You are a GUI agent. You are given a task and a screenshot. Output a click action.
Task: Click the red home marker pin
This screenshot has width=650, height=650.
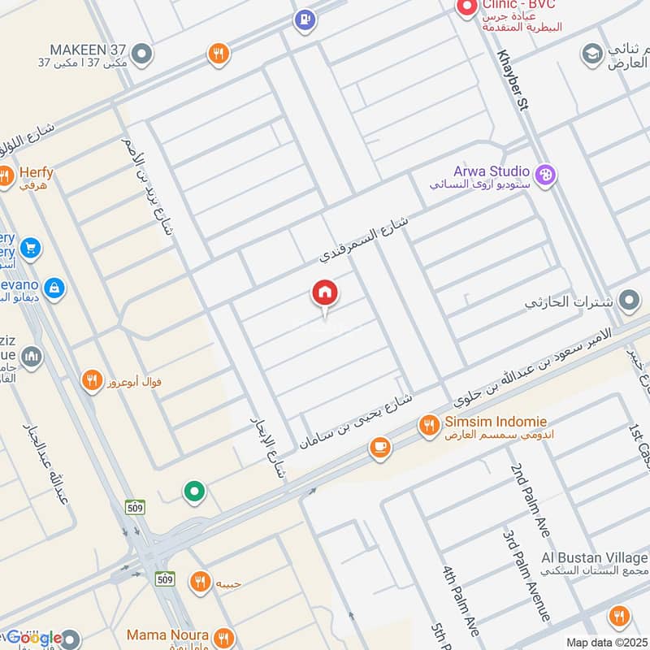pos(325,294)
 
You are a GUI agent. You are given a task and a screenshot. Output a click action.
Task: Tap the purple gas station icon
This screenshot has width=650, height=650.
pos(305,19)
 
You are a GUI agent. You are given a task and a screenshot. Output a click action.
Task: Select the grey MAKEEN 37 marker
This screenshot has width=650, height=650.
pos(143,54)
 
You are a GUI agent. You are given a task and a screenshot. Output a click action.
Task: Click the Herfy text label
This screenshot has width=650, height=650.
pos(37,172)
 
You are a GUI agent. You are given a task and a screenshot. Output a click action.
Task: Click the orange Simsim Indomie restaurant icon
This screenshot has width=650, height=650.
pos(429,424)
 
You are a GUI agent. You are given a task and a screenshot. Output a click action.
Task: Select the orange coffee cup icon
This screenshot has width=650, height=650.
pos(379,447)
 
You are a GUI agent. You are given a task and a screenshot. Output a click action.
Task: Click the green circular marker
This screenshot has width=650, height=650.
pos(193,491)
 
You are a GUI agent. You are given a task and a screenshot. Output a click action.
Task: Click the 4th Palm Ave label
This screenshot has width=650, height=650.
pos(461,600)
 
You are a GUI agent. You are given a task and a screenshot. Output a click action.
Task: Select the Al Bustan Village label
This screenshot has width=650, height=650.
pos(595,558)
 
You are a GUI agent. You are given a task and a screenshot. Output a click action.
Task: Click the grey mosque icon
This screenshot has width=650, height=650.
pos(31,357)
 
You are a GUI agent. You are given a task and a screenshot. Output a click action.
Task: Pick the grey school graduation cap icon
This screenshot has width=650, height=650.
pos(592,55)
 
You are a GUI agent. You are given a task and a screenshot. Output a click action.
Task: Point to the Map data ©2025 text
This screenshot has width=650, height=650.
pos(607,642)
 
